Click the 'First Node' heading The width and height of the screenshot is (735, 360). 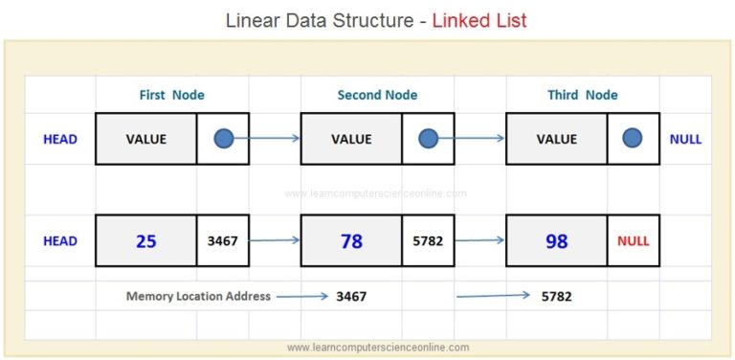point(172,95)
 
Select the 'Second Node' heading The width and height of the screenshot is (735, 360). point(378,95)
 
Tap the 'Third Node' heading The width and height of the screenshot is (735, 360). point(582,95)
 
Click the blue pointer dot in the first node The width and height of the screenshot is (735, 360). point(223,139)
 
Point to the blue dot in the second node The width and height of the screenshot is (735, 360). point(428,139)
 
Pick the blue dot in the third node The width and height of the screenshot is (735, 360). point(632,139)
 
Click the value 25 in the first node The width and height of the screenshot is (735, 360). point(145,241)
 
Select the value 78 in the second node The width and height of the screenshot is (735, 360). point(351,241)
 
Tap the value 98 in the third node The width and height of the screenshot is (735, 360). point(556,241)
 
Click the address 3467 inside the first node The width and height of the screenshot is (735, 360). point(223,241)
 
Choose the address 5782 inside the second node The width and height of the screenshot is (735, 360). point(428,241)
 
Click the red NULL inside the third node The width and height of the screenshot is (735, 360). point(633,241)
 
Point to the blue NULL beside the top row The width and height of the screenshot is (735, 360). point(685,139)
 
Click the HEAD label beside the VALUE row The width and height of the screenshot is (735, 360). point(60,139)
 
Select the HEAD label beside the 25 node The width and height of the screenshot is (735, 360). point(60,241)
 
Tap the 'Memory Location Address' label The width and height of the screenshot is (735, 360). point(198,296)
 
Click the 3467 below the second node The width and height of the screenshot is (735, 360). point(351,296)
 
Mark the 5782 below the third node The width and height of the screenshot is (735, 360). point(556,296)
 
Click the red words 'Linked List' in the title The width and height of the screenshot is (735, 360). point(479,20)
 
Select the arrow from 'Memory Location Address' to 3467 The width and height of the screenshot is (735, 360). point(302,296)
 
